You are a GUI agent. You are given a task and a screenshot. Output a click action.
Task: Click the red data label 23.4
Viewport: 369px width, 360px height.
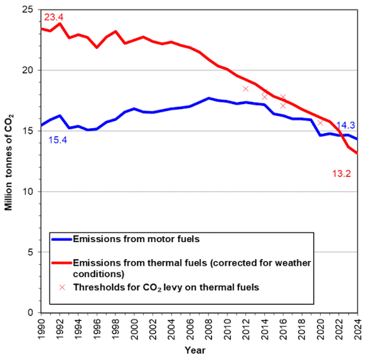point(54,17)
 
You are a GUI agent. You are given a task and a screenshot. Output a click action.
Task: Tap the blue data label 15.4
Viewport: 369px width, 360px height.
point(58,140)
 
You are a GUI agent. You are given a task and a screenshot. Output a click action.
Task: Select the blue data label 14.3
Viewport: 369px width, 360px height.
point(346,126)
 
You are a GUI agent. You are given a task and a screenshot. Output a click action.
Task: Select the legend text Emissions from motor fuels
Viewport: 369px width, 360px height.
point(136,239)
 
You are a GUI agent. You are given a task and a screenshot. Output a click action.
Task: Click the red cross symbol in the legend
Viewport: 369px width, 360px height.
point(62,287)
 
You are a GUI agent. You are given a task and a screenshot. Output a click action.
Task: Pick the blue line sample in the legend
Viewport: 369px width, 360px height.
point(62,239)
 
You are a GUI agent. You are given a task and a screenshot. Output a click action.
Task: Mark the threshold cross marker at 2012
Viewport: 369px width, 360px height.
point(246,89)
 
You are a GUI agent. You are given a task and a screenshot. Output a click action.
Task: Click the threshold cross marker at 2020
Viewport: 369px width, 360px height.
point(320,122)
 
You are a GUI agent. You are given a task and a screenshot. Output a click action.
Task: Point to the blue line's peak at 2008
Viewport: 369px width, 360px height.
point(209,98)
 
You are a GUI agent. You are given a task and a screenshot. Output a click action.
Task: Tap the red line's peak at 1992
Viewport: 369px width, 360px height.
point(59,24)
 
